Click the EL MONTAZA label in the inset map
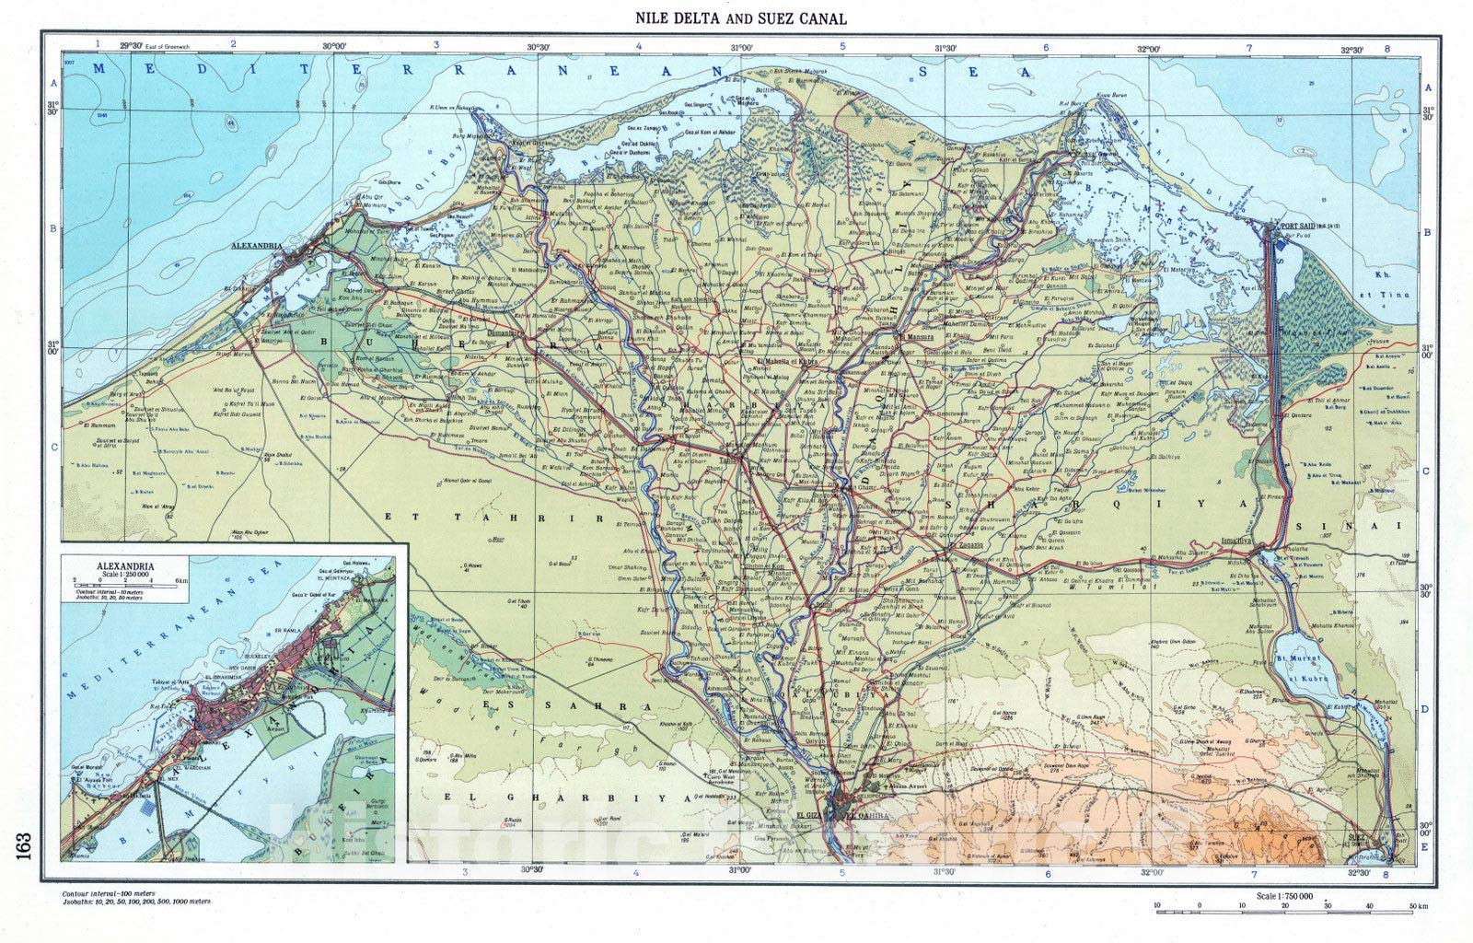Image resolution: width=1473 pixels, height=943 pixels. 335,578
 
